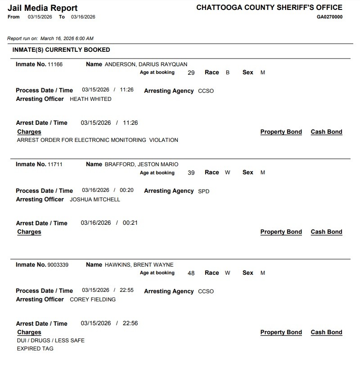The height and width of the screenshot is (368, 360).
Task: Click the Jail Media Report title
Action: coord(43,8)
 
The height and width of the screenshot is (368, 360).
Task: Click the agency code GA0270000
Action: coord(329,17)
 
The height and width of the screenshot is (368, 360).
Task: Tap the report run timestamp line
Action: coord(50,39)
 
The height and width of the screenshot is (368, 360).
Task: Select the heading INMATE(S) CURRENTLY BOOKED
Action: coord(61,50)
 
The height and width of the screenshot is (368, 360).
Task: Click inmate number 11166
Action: coord(55,64)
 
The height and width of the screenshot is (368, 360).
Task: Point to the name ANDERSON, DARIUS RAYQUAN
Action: coord(146,64)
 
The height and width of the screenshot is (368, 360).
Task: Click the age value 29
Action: coord(191,73)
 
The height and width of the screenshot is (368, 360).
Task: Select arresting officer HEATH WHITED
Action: coord(90,99)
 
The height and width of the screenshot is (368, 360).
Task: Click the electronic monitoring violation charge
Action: coord(97,140)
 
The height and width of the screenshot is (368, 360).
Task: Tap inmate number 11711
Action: coord(55,164)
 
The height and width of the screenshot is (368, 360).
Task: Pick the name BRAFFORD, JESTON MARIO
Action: coord(141,164)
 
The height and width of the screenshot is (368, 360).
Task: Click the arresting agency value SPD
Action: coord(204,191)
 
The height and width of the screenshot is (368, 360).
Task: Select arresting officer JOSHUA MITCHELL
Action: coord(95,200)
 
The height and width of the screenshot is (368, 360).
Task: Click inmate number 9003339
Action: coord(58,265)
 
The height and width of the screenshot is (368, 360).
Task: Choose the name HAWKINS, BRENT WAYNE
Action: coord(139,265)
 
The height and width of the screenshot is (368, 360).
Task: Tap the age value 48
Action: coord(191,273)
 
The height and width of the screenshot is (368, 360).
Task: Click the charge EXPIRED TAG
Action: coord(35,349)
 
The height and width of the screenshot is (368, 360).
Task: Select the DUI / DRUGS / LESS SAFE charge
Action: coord(50,341)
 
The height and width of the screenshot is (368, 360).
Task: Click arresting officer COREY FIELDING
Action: coord(93,300)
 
